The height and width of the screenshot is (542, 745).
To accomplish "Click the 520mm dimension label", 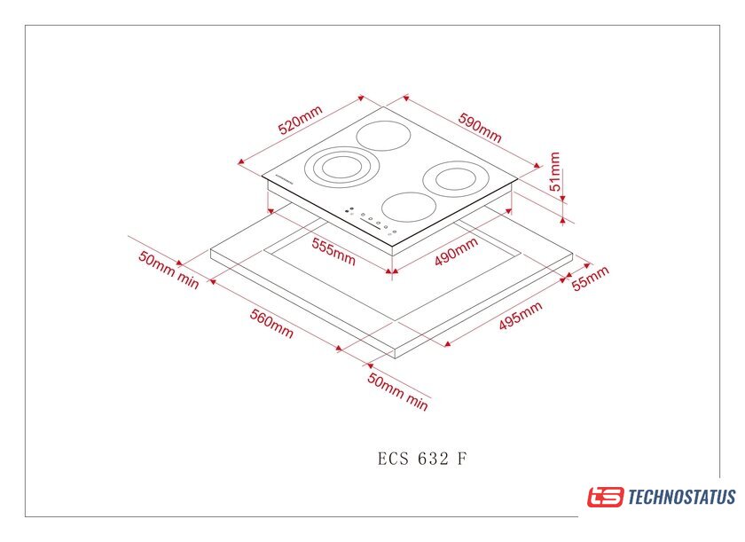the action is click(x=301, y=120).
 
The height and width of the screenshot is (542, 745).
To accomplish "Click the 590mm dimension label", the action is click(x=480, y=128).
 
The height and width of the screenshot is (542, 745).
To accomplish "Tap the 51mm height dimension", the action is click(x=554, y=171).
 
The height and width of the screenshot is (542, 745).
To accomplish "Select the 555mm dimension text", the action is click(x=333, y=251).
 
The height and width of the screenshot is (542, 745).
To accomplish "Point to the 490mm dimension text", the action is click(x=456, y=251).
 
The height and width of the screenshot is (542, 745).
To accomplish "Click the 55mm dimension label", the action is click(x=590, y=278).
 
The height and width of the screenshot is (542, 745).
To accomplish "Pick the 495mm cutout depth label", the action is click(x=521, y=316).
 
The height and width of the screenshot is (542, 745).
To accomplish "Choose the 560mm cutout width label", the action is click(x=271, y=324).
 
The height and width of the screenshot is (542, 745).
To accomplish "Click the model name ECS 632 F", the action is click(x=422, y=459).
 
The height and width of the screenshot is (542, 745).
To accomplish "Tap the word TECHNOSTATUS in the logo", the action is click(x=682, y=498).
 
